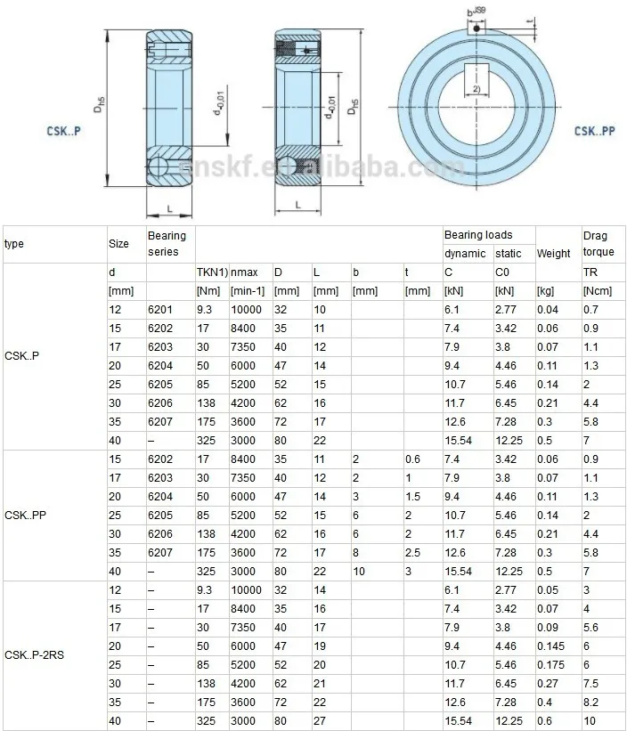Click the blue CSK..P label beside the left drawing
[63, 131]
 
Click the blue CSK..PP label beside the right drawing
[594, 131]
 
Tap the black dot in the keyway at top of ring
[476, 28]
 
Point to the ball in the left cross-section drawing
[158, 167]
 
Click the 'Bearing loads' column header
[478, 235]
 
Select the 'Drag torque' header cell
[598, 244]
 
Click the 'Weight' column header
[553, 254]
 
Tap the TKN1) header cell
[212, 272]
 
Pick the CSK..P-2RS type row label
[34, 655]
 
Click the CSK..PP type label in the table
[25, 516]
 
